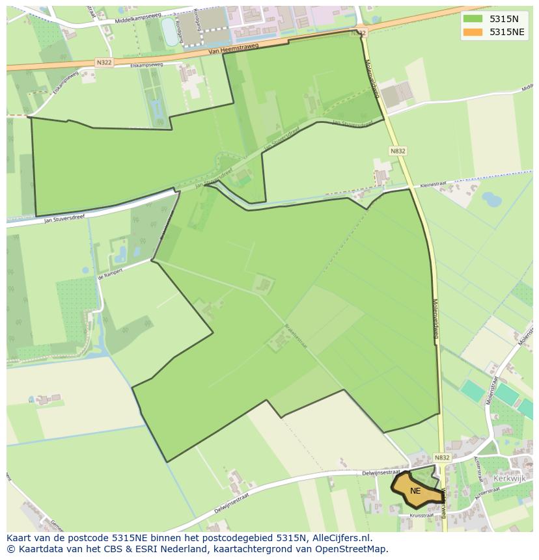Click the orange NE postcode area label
pyautogui.click(x=415, y=491)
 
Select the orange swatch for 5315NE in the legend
pyautogui.click(x=473, y=32)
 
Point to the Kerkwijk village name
pyautogui.click(x=509, y=478)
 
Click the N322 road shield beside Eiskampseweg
pyautogui.click(x=104, y=62)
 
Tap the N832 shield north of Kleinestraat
pyautogui.click(x=398, y=151)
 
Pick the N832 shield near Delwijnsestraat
pyautogui.click(x=442, y=458)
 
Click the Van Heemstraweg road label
pyautogui.click(x=234, y=47)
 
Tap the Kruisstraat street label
pyautogui.click(x=421, y=515)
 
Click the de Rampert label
pyautogui.click(x=109, y=276)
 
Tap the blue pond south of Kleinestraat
pyautogui.click(x=492, y=199)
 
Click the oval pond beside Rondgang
pyautogui.click(x=169, y=31)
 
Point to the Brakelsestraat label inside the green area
pyautogui.click(x=296, y=336)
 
